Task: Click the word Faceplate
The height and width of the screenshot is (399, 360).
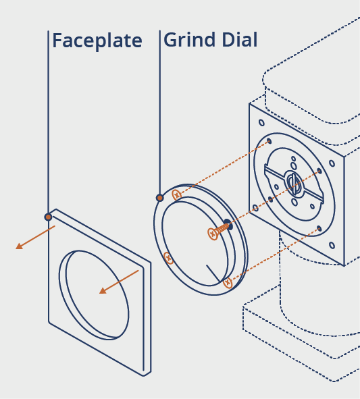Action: pyautogui.click(x=97, y=41)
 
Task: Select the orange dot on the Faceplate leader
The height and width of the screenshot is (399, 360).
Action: pyautogui.click(x=48, y=217)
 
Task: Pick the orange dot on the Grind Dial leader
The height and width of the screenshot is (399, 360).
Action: pyautogui.click(x=159, y=198)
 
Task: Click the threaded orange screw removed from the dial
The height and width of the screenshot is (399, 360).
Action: pyautogui.click(x=218, y=230)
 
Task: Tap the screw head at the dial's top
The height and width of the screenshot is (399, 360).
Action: pyautogui.click(x=176, y=195)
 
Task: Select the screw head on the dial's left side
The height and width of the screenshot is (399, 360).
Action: pyautogui.click(x=168, y=259)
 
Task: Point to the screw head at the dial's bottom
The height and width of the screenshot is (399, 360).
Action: pyautogui.click(x=228, y=282)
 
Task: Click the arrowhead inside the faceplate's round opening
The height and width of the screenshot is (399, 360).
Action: pyautogui.click(x=103, y=290)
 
